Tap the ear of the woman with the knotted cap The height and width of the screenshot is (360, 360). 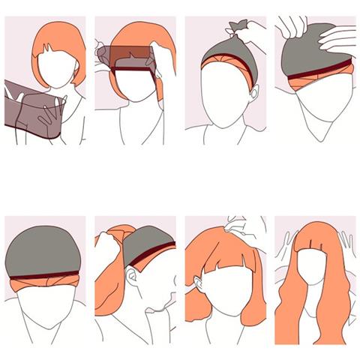tap(254, 95)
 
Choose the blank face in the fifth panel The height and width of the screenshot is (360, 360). tap(45, 307)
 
